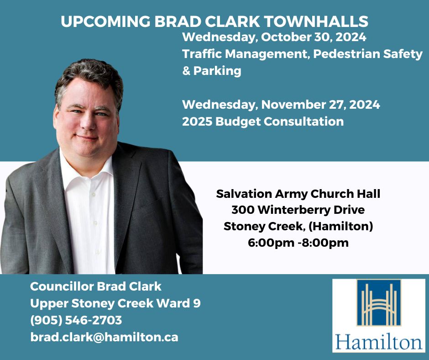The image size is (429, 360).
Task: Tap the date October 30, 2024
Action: tap(314, 37)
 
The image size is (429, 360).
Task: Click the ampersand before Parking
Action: tap(186, 71)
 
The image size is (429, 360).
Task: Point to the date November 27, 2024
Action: tap(320, 105)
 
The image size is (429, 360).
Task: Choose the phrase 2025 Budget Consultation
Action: tap(263, 122)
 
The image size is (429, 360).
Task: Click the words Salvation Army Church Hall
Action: tap(298, 194)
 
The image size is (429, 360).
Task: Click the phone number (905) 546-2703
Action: tap(76, 320)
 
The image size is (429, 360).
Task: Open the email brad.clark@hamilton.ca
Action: tap(104, 337)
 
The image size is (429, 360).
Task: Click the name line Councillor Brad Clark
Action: tap(96, 286)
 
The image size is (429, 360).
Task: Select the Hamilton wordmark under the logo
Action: tap(379, 342)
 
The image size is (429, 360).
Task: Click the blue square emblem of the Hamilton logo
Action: tap(379, 302)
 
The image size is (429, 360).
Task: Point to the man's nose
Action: tap(87, 122)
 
